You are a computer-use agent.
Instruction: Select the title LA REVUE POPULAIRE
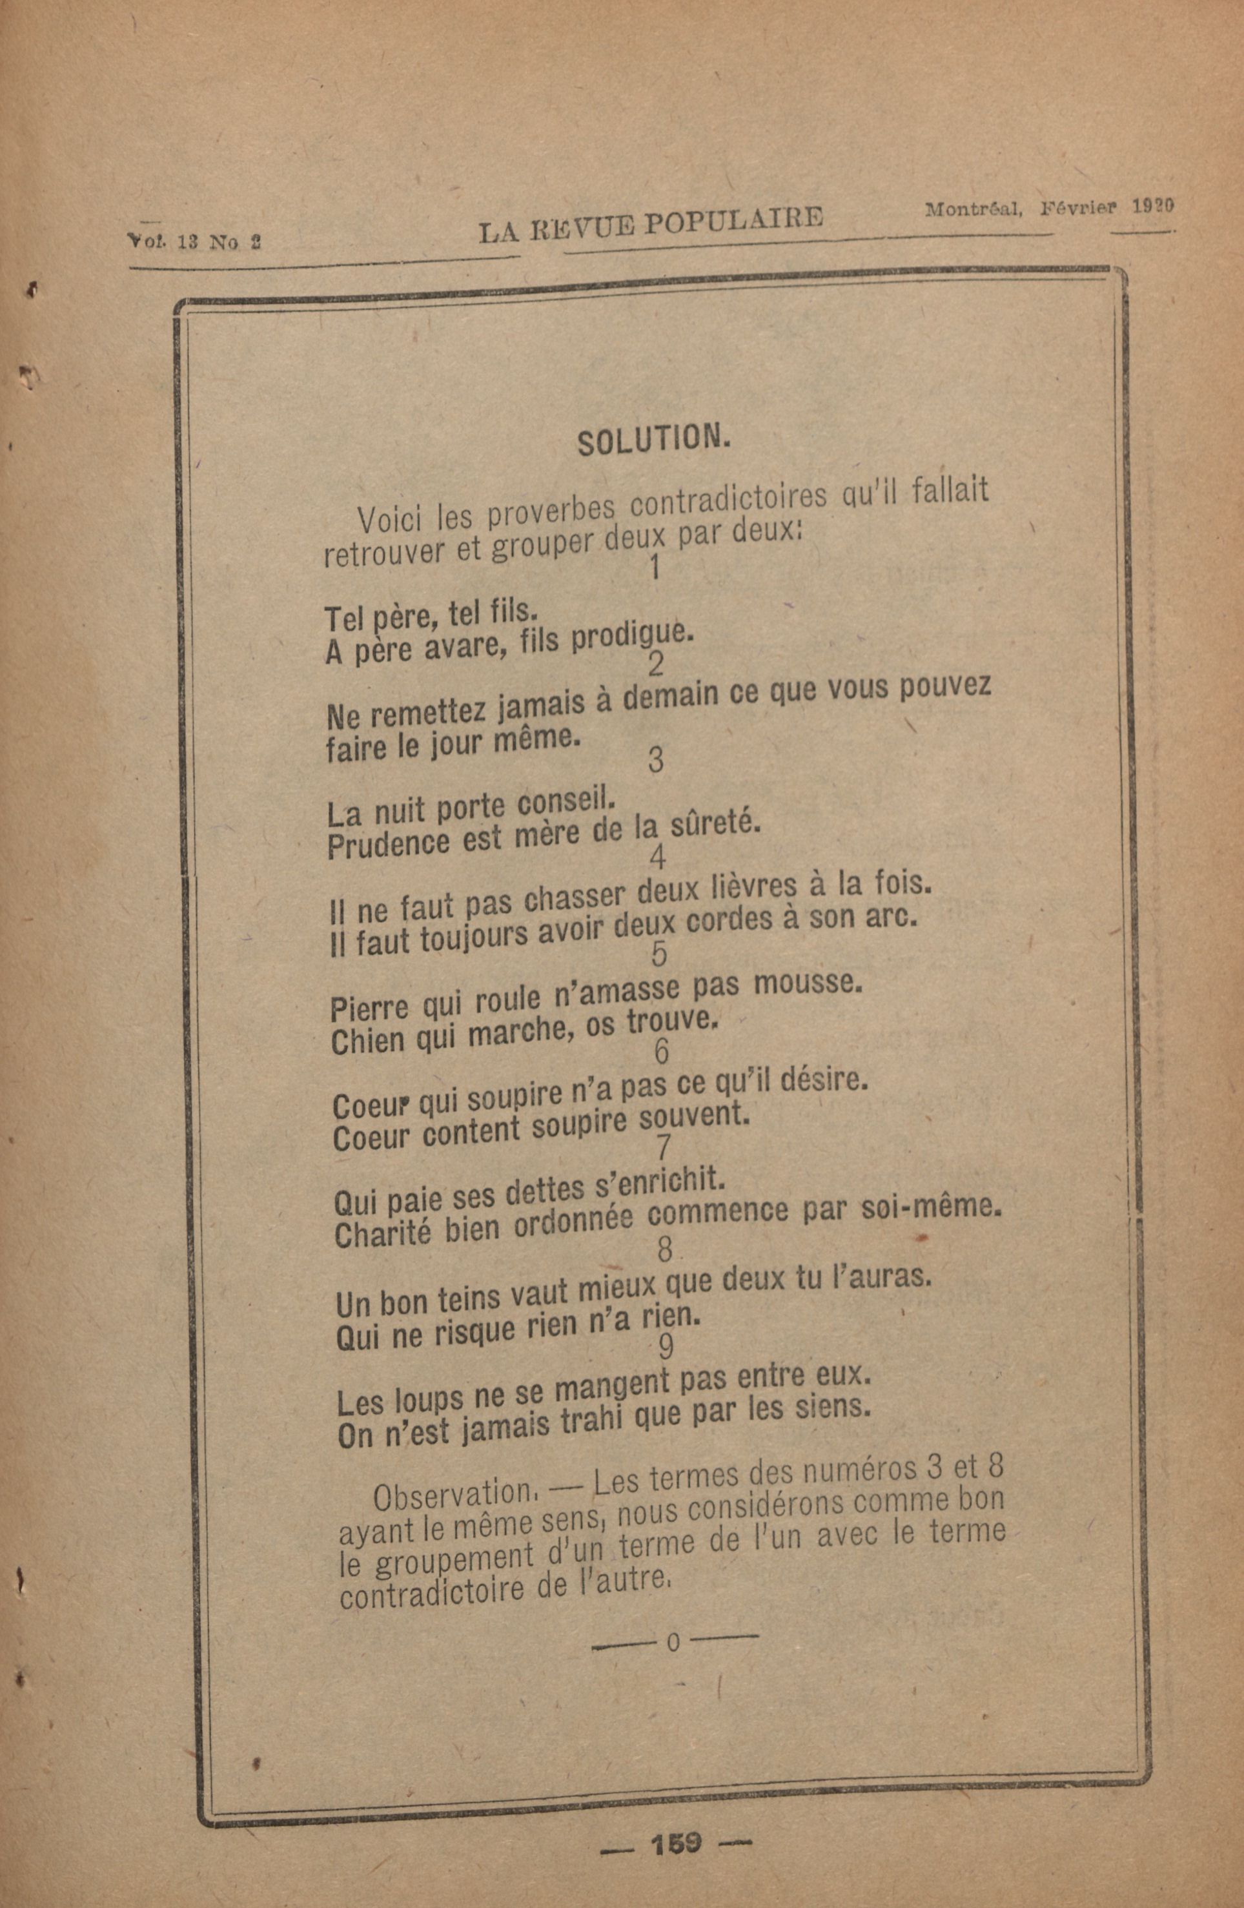(650, 225)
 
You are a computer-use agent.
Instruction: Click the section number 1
(655, 568)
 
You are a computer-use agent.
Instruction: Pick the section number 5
(659, 955)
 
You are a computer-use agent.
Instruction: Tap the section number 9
(666, 1346)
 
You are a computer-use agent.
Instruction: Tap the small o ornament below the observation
(673, 1643)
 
